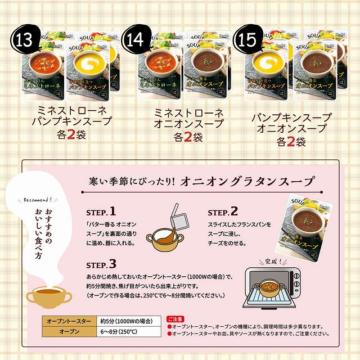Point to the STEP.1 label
click(x=101, y=212)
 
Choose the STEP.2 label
click(x=223, y=212)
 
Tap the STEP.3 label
click(x=101, y=264)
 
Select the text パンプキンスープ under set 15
click(x=291, y=118)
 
